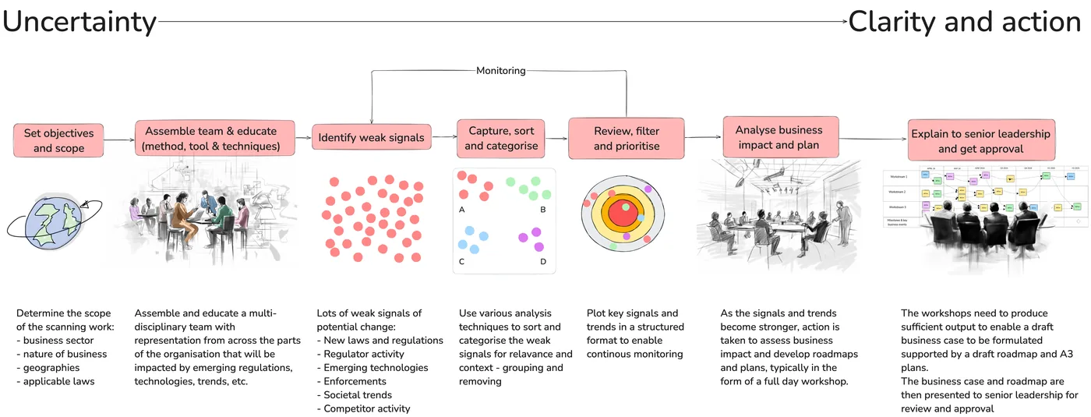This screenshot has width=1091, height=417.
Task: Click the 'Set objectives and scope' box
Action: (x=58, y=140)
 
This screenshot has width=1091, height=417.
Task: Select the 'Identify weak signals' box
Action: (x=371, y=138)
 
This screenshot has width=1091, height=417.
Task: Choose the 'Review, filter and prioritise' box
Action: (x=626, y=138)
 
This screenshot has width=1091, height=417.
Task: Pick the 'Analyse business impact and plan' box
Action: (x=778, y=137)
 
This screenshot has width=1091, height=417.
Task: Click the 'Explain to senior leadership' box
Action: (x=980, y=141)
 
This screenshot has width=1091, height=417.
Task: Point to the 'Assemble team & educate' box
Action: (x=215, y=139)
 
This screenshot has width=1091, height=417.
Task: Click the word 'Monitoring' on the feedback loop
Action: (x=500, y=71)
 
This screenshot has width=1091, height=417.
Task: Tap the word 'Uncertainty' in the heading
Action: (x=79, y=22)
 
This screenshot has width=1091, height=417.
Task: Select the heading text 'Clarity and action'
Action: (x=964, y=22)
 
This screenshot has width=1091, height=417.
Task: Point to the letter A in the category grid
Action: (x=462, y=210)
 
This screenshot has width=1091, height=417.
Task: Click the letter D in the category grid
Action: (x=543, y=261)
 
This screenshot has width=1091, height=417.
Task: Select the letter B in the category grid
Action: (x=543, y=210)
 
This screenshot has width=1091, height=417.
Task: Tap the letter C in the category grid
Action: (x=462, y=261)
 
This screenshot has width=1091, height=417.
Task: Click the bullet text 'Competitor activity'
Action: (x=366, y=408)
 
